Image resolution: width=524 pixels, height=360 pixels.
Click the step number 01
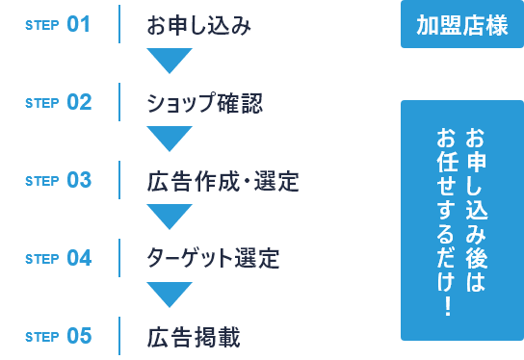tap(79, 24)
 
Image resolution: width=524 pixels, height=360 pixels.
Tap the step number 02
tap(79, 102)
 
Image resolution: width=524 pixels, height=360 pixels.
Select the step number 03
tap(79, 180)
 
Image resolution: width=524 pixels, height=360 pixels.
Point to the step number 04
tap(79, 259)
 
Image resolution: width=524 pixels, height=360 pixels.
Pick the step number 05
tap(79, 337)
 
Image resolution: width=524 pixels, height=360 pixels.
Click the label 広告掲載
tap(194, 337)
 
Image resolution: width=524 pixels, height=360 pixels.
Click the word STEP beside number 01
tap(43, 25)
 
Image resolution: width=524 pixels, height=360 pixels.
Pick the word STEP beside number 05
tap(43, 338)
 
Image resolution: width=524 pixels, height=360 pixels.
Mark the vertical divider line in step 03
tap(120, 180)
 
